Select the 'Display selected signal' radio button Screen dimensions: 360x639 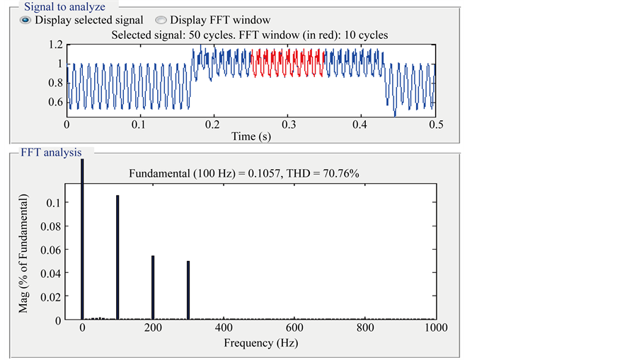coord(25,21)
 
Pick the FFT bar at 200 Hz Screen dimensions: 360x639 coord(153,287)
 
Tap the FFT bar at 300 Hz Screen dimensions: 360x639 coord(188,290)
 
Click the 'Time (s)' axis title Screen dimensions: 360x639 coord(251,136)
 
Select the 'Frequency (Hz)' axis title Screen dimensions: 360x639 coord(260,343)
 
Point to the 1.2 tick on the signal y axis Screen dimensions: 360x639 coord(54,45)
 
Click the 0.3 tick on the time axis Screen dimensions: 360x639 coord(288,124)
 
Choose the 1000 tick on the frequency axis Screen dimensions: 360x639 coord(436,328)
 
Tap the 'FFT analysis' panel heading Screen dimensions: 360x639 coord(50,152)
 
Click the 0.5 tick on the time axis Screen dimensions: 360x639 coord(435,124)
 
